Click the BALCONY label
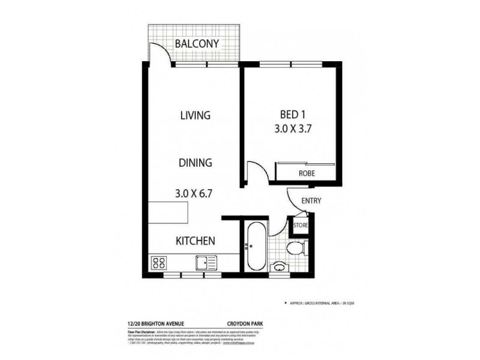[197, 43]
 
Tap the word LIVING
[195, 115]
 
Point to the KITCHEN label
[195, 241]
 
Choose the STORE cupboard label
[300, 226]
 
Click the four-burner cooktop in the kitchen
[159, 262]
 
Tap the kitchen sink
[205, 262]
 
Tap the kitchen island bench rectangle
[168, 212]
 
